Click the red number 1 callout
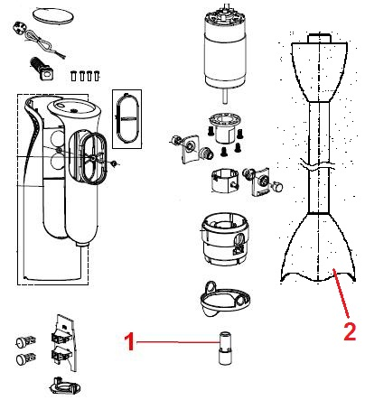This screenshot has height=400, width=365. click(129, 341)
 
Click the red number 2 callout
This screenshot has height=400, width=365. click(350, 331)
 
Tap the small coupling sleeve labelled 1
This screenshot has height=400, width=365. click(225, 349)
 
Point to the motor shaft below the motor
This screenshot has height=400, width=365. click(225, 97)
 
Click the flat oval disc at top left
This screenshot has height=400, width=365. click(52, 15)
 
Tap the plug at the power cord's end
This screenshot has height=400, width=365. click(20, 29)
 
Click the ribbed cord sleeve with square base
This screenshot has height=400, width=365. click(42, 69)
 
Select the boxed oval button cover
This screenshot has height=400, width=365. click(127, 118)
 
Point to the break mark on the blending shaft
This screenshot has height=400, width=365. click(318, 165)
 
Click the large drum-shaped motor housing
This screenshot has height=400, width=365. click(224, 238)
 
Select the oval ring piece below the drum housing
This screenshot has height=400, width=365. click(224, 299)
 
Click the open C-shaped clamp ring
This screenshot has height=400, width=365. click(224, 180)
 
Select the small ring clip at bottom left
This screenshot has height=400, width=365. click(64, 385)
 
